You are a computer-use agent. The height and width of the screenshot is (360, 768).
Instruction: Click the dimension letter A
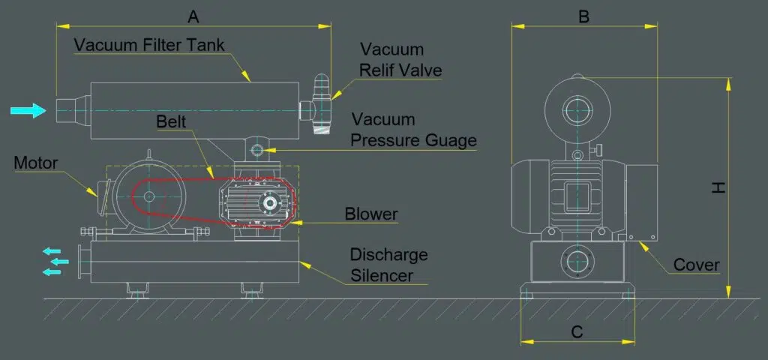193,15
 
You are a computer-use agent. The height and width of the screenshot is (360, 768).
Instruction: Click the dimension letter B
583,16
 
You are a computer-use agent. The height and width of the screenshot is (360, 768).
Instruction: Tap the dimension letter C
577,331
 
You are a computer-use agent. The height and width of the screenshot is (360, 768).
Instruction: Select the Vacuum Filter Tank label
149,44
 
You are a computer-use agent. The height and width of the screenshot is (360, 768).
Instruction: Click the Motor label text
36,163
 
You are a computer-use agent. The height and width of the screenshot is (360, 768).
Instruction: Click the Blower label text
370,214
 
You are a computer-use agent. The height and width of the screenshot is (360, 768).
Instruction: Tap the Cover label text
696,265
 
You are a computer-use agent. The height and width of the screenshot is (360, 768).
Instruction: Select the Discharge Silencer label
388,265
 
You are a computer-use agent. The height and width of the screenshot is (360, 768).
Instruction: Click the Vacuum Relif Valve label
400,60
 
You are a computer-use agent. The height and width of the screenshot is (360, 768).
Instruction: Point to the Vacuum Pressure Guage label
413,130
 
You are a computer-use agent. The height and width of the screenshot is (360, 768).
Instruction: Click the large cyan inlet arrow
28,111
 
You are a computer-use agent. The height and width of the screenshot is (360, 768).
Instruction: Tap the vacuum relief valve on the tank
320,105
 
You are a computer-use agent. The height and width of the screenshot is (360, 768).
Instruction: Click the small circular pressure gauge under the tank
259,150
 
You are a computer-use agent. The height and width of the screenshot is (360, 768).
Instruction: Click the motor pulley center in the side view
148,196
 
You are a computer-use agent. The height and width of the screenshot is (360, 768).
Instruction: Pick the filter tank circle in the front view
578,110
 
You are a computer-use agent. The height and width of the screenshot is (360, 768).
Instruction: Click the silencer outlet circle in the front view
578,262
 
